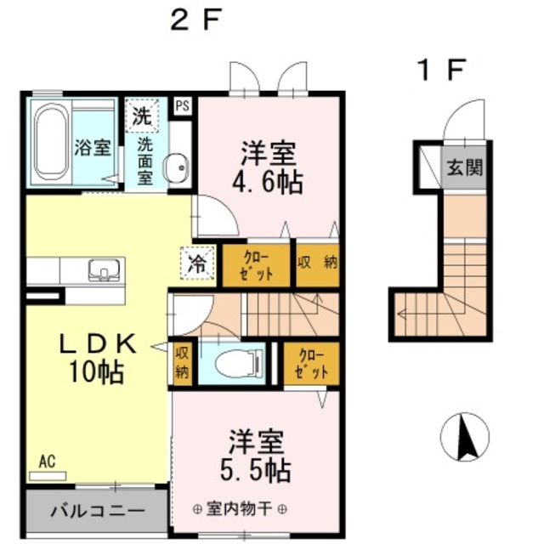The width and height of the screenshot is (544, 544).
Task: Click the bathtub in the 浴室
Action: tap(52, 142)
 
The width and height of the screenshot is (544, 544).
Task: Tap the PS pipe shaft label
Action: tap(183, 105)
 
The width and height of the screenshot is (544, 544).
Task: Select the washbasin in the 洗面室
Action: tap(177, 168)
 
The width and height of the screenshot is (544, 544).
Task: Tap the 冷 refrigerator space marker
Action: tap(196, 263)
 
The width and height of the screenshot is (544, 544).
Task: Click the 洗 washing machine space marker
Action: tap(142, 116)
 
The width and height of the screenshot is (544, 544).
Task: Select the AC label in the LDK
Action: tap(47, 462)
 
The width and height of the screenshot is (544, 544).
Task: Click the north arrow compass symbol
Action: tap(465, 437)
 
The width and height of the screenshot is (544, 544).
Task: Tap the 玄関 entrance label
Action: tap(465, 167)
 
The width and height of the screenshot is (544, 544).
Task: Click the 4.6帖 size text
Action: tap(268, 182)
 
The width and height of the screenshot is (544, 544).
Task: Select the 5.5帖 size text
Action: tap(256, 470)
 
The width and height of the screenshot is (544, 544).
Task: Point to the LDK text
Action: tap(98, 343)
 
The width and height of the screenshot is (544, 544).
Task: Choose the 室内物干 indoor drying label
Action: tap(239, 509)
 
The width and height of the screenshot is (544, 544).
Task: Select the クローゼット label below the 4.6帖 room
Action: tap(256, 265)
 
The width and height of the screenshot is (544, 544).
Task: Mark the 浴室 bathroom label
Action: tap(93, 148)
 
